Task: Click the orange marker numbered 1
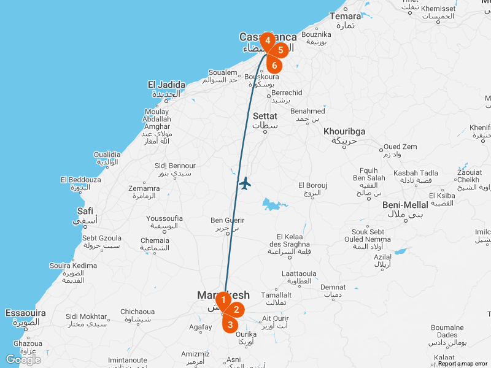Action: tap(223, 300)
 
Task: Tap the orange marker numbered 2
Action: tap(236, 310)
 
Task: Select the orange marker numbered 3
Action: tap(230, 324)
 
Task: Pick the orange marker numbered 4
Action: tap(268, 40)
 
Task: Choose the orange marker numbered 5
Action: tap(280, 50)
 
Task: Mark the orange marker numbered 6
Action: tap(274, 65)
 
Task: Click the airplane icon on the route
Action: tap(245, 183)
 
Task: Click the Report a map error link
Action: tap(463, 364)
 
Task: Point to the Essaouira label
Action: tap(25, 313)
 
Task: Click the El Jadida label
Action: tap(166, 85)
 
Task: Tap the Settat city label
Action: tap(265, 116)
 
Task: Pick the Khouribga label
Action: tap(344, 132)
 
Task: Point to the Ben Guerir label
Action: tap(227, 220)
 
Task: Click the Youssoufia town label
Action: tap(164, 218)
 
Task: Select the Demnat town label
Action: tap(333, 287)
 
